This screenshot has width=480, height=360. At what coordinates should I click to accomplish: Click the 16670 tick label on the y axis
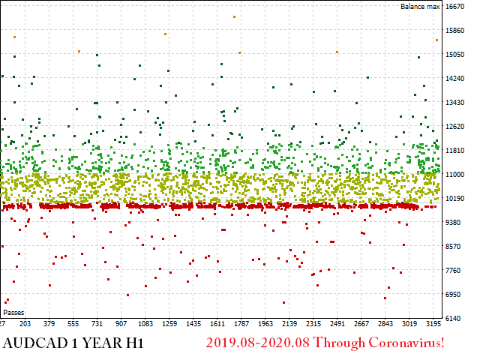[455, 7]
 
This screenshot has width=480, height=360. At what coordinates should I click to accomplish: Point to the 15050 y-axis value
[455, 55]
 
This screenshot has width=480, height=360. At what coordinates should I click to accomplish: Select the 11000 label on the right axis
[455, 174]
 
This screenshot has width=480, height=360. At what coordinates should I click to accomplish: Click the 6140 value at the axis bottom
[454, 318]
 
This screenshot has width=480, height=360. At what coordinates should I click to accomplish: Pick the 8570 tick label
[454, 246]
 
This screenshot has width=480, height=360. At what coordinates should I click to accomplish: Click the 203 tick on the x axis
[25, 324]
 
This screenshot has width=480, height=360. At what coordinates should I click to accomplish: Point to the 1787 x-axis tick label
[241, 324]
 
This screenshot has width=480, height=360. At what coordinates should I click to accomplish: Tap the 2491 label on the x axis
[337, 324]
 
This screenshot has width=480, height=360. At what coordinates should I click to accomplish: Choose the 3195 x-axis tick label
[433, 324]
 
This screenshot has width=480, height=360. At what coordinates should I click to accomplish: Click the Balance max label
[420, 7]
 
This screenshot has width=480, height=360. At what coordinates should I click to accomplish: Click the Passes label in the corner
[13, 312]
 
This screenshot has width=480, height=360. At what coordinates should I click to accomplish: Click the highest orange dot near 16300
[234, 16]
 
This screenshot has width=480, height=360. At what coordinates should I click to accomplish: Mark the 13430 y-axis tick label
[455, 103]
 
